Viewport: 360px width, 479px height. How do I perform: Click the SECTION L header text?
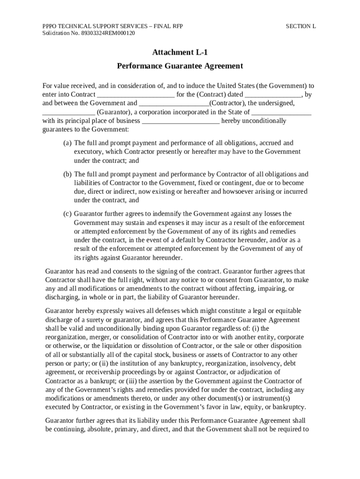pyautogui.click(x=301, y=26)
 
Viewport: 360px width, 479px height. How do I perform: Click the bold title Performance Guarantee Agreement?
pyautogui.click(x=180, y=66)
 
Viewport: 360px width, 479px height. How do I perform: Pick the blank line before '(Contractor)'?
pyautogui.click(x=174, y=103)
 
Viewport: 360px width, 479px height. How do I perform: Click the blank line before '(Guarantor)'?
pyautogui.click(x=69, y=112)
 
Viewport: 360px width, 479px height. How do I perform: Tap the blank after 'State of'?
pyautogui.click(x=281, y=112)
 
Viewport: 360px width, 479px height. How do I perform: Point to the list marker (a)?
pyautogui.click(x=68, y=143)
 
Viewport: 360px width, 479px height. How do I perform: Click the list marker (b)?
pyautogui.click(x=68, y=174)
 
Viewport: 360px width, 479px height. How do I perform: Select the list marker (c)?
pyautogui.click(x=68, y=214)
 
